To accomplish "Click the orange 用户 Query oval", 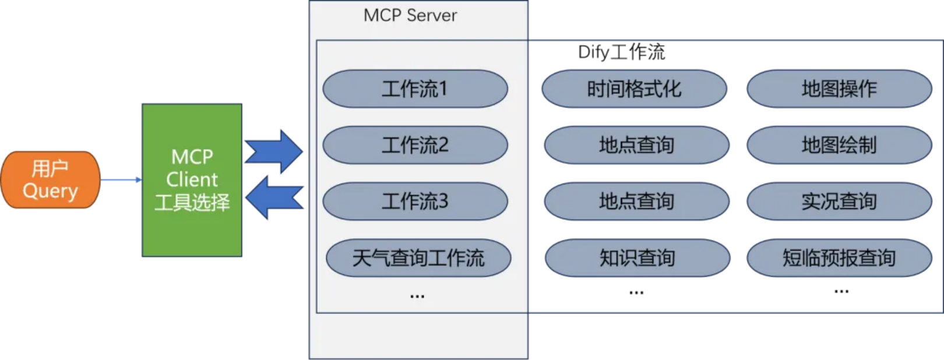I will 50,179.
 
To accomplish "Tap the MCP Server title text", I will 410,16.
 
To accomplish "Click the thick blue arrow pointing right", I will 274,151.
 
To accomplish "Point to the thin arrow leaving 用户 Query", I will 121,180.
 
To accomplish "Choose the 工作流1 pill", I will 415,89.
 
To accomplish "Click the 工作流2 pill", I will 415,145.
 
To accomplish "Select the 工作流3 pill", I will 415,202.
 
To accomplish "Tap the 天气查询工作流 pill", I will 418,257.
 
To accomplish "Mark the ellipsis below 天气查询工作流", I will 417,297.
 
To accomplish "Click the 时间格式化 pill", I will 634,89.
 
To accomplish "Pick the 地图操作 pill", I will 839,89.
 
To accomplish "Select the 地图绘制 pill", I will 839,145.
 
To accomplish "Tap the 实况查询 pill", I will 839,202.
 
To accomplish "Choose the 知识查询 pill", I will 637,257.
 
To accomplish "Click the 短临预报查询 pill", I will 839,257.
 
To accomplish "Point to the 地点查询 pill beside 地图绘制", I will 636,145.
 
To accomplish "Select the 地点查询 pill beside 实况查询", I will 636,202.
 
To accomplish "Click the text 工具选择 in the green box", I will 192,203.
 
